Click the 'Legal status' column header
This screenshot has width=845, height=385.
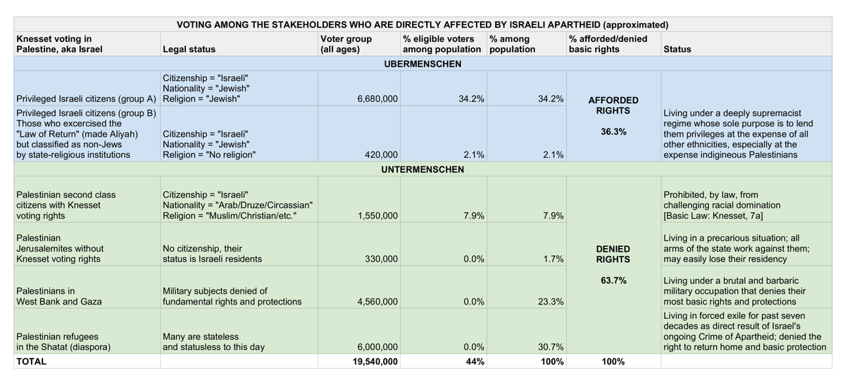pos(189,49)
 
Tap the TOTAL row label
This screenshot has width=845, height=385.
pos(31,362)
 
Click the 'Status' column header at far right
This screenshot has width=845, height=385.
pos(677,49)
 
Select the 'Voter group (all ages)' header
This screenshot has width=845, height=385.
pos(346,44)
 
